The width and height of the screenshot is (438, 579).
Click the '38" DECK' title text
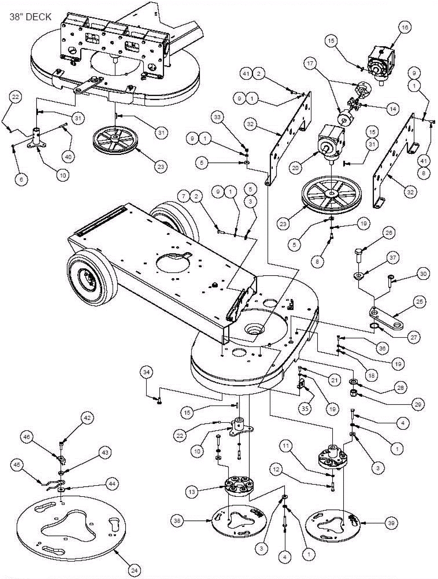pyautogui.click(x=30, y=17)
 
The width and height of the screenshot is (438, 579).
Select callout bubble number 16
pyautogui.click(x=405, y=27)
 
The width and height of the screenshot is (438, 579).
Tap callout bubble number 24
pyautogui.click(x=134, y=570)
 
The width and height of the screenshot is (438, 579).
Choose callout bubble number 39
pyautogui.click(x=391, y=523)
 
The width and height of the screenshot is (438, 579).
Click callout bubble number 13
pyautogui.click(x=192, y=492)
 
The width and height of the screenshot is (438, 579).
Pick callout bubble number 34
pyautogui.click(x=146, y=372)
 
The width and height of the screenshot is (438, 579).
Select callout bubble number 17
pyautogui.click(x=310, y=64)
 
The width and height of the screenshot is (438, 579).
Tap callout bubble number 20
pyautogui.click(x=295, y=167)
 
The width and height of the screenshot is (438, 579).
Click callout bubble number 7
pyautogui.click(x=183, y=196)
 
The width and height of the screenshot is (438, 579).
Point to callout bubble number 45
pyautogui.click(x=17, y=465)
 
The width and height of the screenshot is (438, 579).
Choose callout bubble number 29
pyautogui.click(x=418, y=404)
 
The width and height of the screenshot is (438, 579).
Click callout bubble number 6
pyautogui.click(x=21, y=180)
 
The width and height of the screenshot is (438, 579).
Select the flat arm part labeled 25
pyautogui.click(x=386, y=319)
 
